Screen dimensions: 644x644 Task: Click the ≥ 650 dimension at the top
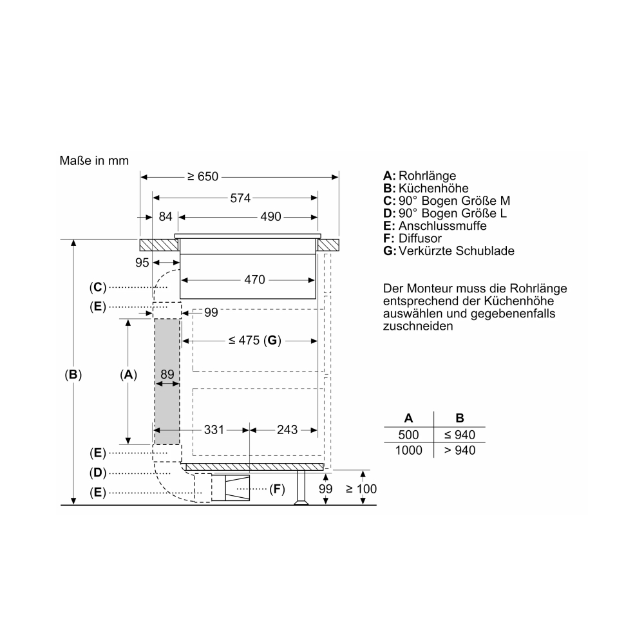click(x=203, y=176)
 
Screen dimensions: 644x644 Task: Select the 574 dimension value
click(x=240, y=198)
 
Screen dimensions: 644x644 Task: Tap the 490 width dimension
click(x=270, y=216)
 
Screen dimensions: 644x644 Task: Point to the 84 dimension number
click(x=166, y=216)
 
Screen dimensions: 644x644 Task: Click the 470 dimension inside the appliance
click(x=254, y=279)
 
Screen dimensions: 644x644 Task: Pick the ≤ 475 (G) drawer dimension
click(x=254, y=341)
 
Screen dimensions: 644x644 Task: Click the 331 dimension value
click(x=214, y=430)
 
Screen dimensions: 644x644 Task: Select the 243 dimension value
click(x=287, y=430)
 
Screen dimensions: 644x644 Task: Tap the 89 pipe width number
click(x=167, y=374)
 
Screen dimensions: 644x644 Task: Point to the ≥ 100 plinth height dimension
click(x=361, y=489)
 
